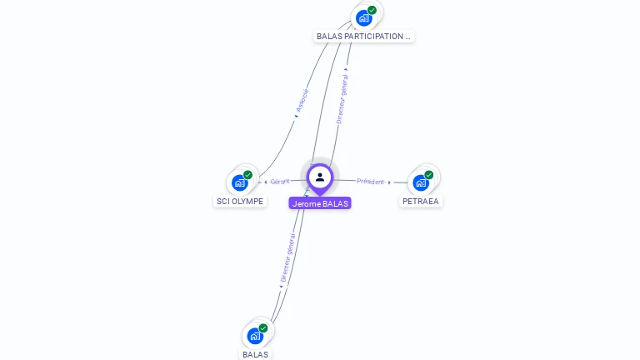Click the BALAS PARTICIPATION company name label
click(x=363, y=37)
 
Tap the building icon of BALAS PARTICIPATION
click(x=363, y=17)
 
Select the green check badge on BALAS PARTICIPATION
click(x=372, y=10)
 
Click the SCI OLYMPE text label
click(x=240, y=201)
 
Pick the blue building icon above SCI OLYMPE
click(x=240, y=182)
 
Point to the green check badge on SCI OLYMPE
click(x=247, y=175)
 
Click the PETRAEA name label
click(x=420, y=201)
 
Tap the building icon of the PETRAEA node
click(x=420, y=182)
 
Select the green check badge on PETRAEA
click(x=428, y=175)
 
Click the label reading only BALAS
click(x=255, y=354)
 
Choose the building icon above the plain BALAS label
click(x=255, y=336)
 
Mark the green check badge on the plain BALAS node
click(x=263, y=328)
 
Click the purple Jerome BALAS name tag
click(x=320, y=203)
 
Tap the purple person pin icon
click(x=320, y=177)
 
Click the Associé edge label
click(x=302, y=100)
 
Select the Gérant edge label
click(x=279, y=181)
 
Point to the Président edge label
click(x=370, y=181)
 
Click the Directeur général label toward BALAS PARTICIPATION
click(x=342, y=98)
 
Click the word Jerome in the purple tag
click(x=306, y=203)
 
